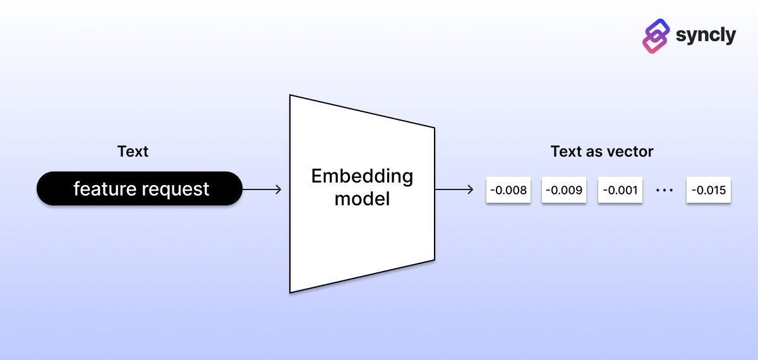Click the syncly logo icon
(656, 35)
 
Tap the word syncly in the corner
(706, 35)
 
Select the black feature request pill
(139, 188)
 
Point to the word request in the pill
(177, 189)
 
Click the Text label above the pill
(133, 152)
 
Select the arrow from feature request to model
(262, 189)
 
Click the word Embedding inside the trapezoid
(362, 176)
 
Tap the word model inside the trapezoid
(362, 200)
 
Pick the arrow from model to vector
(454, 189)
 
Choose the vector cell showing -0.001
(620, 190)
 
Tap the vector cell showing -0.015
(709, 190)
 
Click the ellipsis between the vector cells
(665, 190)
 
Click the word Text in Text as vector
(565, 152)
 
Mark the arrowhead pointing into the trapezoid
(278, 189)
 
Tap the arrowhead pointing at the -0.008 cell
(470, 189)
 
